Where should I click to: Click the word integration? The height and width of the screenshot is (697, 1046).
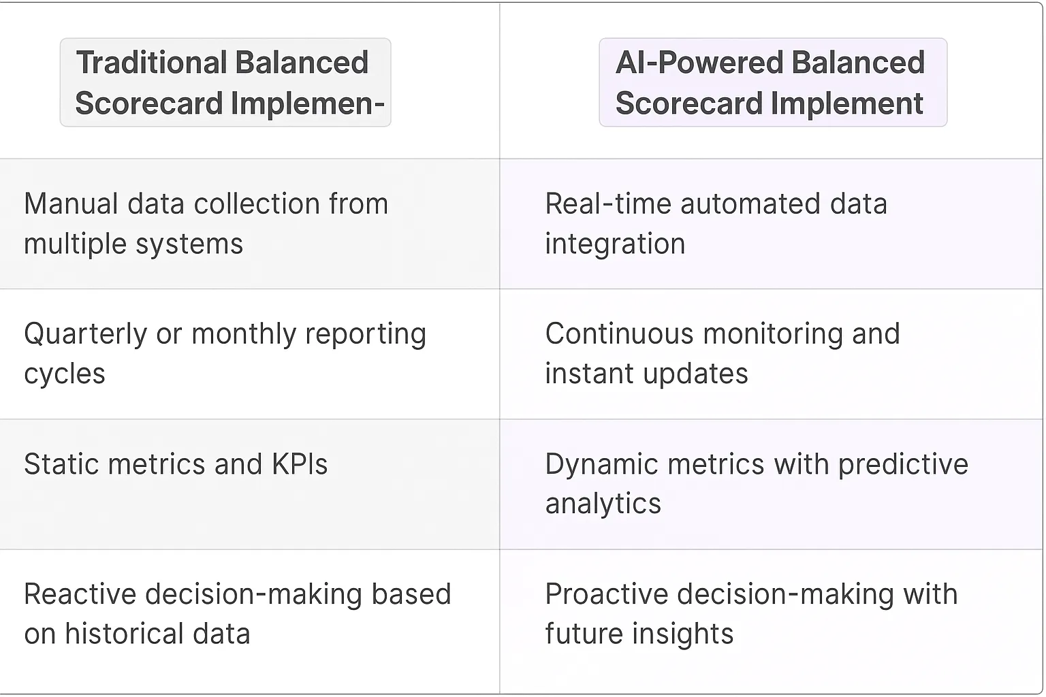tap(615, 244)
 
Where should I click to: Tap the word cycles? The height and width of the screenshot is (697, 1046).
tap(65, 374)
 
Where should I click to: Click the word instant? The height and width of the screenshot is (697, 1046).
tap(588, 374)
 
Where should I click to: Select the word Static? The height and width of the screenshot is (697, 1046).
tap(61, 464)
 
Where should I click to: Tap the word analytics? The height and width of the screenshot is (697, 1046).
tap(603, 504)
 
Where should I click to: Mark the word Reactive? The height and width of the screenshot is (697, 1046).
tap(79, 594)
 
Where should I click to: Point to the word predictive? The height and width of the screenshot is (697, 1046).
tap(903, 464)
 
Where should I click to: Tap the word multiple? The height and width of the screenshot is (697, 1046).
tap(74, 244)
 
